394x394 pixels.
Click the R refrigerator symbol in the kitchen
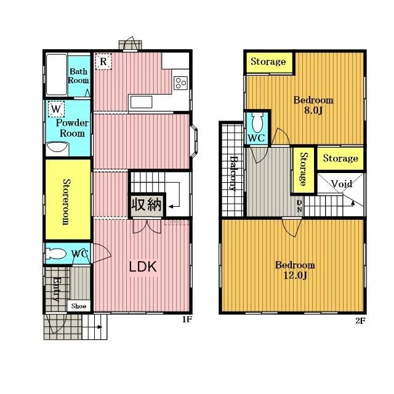coord(103,62)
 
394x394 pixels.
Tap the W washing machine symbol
coord(56,109)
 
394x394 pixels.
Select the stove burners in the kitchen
coord(181,82)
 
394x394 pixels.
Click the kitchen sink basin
coord(141,102)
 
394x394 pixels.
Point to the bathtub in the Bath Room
coord(57,74)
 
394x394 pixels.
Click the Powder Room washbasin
coord(57,147)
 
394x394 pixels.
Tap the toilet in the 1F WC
coord(56,254)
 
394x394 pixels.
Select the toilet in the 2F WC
coord(257,122)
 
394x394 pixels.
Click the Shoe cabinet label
coord(79,306)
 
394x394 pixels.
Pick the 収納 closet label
coord(147,204)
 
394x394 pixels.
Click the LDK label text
coord(143,267)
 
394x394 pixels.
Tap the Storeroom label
coord(66,202)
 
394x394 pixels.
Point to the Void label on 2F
coord(342,183)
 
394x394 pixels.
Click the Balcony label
coord(234,173)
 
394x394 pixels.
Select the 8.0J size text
coord(313,111)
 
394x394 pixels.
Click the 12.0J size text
coord(295,276)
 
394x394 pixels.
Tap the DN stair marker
coord(299,206)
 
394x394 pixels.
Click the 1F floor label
coord(187,320)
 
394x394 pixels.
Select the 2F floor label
coord(360,321)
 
